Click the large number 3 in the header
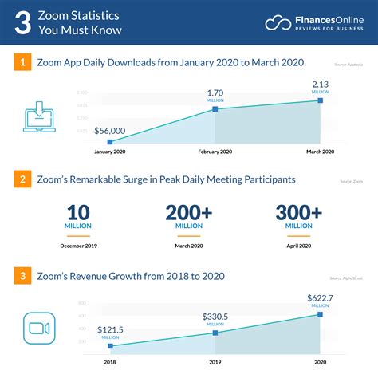tap(25, 22)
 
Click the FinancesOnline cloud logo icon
tap(279, 22)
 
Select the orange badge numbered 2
tap(24, 179)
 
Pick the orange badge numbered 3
tap(24, 276)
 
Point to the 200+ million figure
tap(189, 215)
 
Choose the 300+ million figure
tap(298, 215)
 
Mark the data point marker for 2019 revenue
tap(215, 333)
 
